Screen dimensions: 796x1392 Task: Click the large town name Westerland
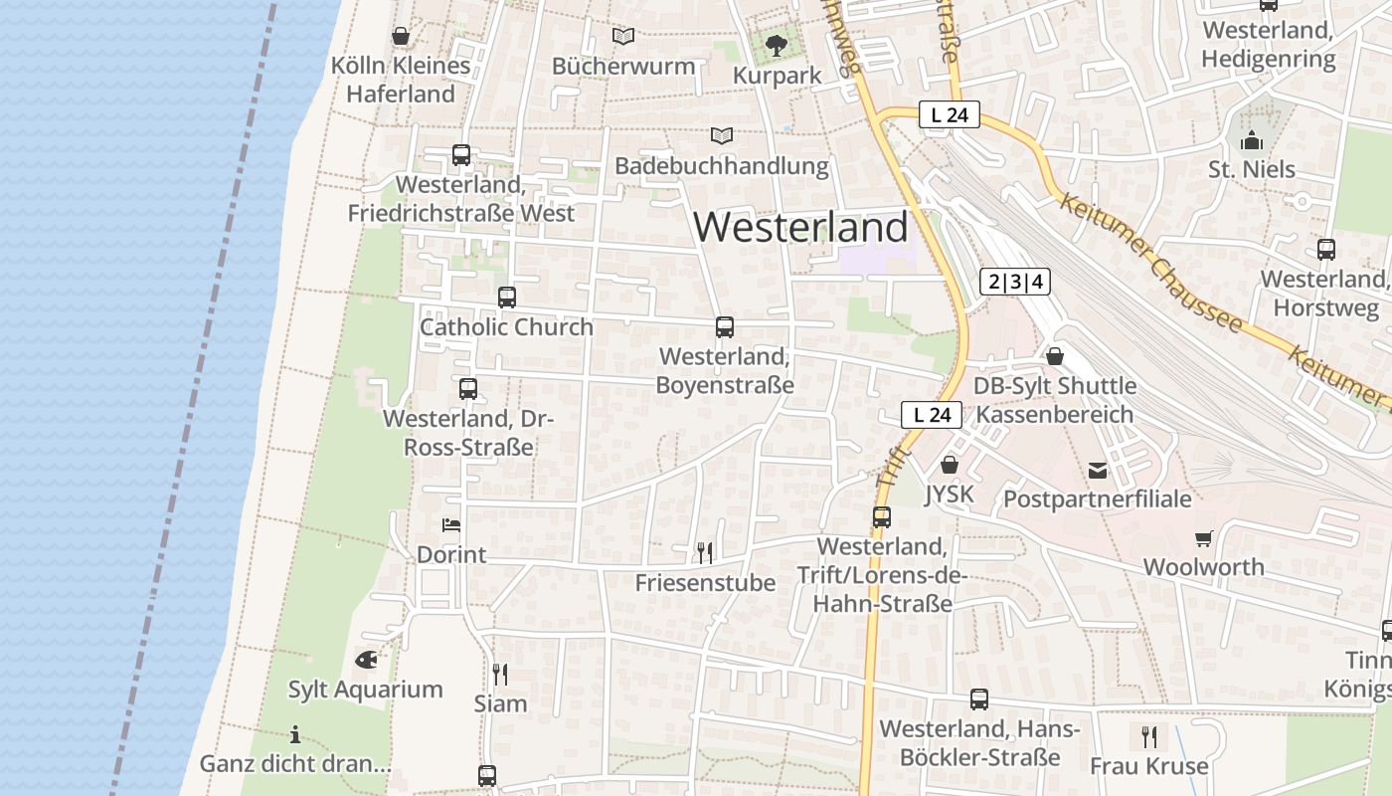pyautogui.click(x=800, y=227)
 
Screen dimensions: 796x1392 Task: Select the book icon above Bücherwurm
pyautogui.click(x=623, y=37)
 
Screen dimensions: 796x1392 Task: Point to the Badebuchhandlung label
pyautogui.click(x=722, y=165)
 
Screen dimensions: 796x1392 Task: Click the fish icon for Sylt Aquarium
pyautogui.click(x=366, y=659)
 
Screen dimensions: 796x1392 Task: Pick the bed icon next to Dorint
pyautogui.click(x=451, y=524)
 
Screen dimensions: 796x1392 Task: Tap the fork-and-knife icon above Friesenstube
pyautogui.click(x=705, y=552)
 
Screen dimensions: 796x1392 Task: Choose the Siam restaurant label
pyautogui.click(x=500, y=703)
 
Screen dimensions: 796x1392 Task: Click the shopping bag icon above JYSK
pyautogui.click(x=950, y=465)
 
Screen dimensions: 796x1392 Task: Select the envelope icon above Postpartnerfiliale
pyautogui.click(x=1098, y=470)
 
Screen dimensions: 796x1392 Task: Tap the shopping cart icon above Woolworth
pyautogui.click(x=1204, y=538)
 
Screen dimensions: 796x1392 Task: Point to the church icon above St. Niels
pyautogui.click(x=1252, y=139)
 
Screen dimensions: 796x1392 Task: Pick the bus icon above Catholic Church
pyautogui.click(x=507, y=297)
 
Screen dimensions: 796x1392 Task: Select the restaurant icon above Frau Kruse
pyautogui.click(x=1149, y=736)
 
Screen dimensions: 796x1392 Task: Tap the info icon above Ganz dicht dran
pyautogui.click(x=295, y=735)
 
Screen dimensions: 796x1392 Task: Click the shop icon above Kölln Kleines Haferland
pyautogui.click(x=401, y=37)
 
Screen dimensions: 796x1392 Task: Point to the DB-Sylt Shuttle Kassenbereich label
pyautogui.click(x=1054, y=400)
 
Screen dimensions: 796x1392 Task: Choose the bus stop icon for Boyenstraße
pyautogui.click(x=725, y=326)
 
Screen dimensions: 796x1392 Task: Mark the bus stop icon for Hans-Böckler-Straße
pyautogui.click(x=979, y=699)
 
